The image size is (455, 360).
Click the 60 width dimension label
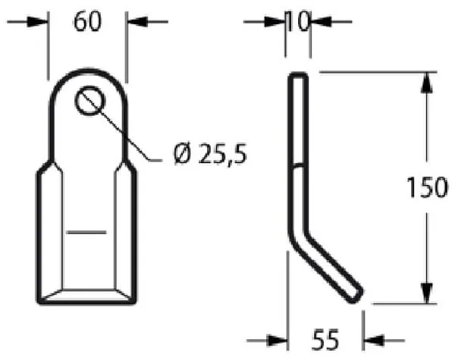[x=88, y=22]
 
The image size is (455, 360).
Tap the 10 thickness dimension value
[x=298, y=21]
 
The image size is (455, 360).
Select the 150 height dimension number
[x=427, y=187]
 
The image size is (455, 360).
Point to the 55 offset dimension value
[x=325, y=340]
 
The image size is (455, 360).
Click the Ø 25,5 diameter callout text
[x=210, y=153]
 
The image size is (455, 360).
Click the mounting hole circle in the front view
[x=90, y=101]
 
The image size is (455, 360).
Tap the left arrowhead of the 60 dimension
[x=37, y=22]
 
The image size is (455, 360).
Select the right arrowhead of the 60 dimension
[x=137, y=22]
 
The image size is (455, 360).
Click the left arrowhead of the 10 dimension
[x=275, y=22]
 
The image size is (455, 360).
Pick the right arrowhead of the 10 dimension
[x=322, y=22]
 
